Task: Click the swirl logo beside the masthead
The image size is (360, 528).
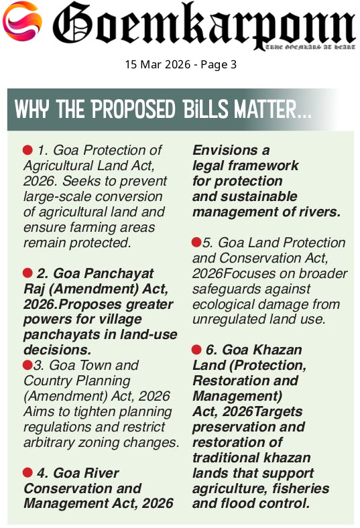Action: (x=22, y=21)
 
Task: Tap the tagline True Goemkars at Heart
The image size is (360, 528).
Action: (x=310, y=47)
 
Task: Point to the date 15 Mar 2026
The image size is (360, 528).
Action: (x=158, y=64)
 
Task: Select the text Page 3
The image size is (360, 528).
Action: (x=219, y=64)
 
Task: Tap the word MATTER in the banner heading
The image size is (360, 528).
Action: (x=265, y=109)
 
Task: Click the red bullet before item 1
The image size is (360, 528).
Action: (x=27, y=150)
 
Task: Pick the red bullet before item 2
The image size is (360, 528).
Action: (x=27, y=273)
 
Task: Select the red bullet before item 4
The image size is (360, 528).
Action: (x=27, y=473)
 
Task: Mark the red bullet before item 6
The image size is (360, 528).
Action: (x=196, y=350)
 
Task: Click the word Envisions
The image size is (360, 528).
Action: (x=225, y=150)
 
